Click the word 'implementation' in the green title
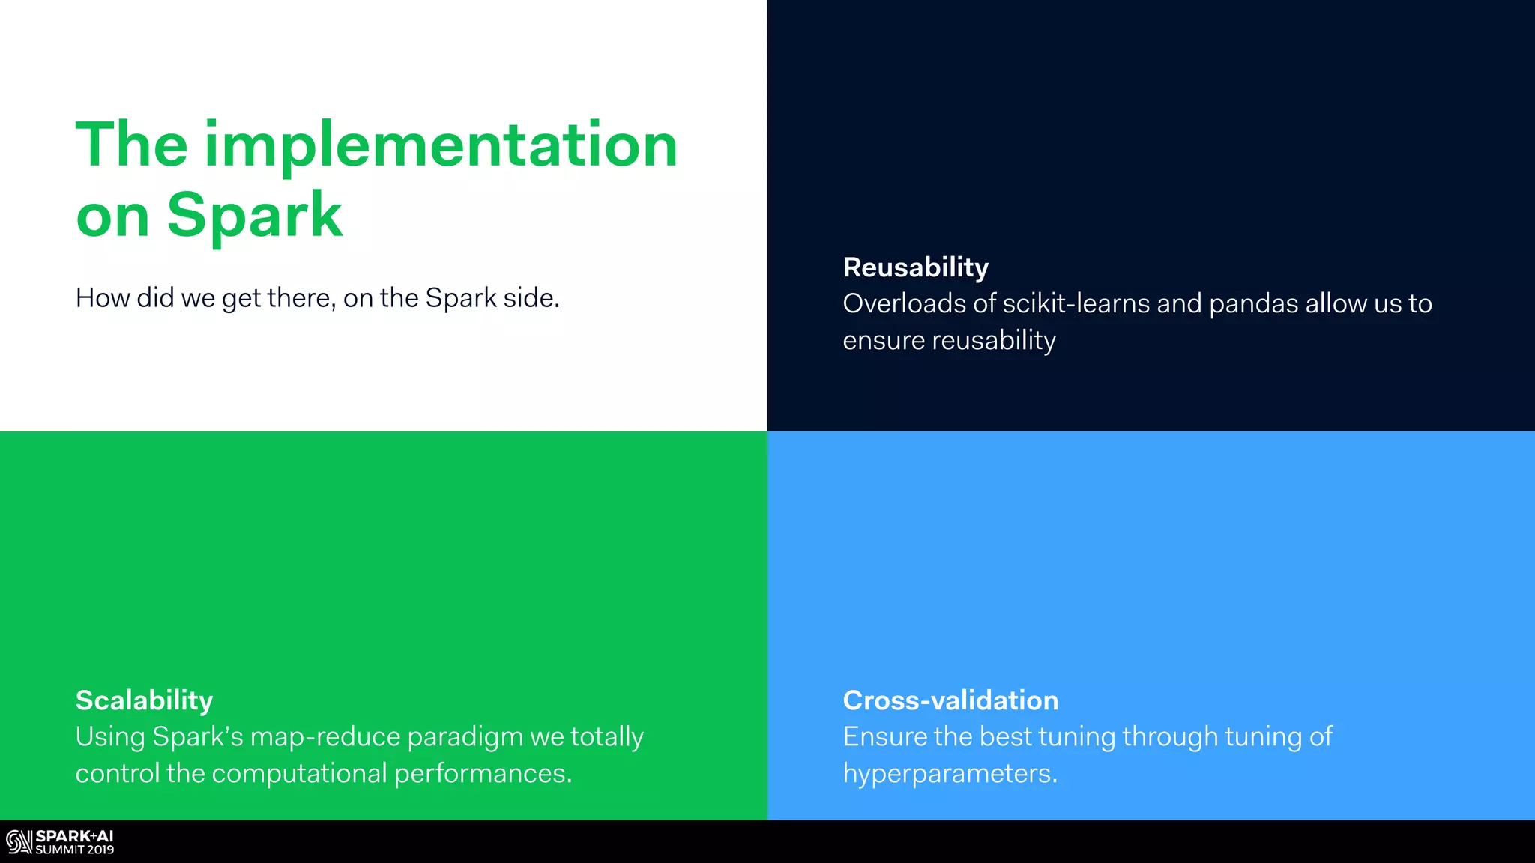[x=441, y=146]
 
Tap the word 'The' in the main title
[x=131, y=145]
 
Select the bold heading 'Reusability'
[x=915, y=267]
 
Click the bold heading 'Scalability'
[x=144, y=700]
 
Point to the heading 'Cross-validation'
[x=950, y=700]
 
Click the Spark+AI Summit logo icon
[x=19, y=842]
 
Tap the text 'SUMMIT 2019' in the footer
[x=75, y=850]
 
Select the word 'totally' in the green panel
[x=606, y=737]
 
